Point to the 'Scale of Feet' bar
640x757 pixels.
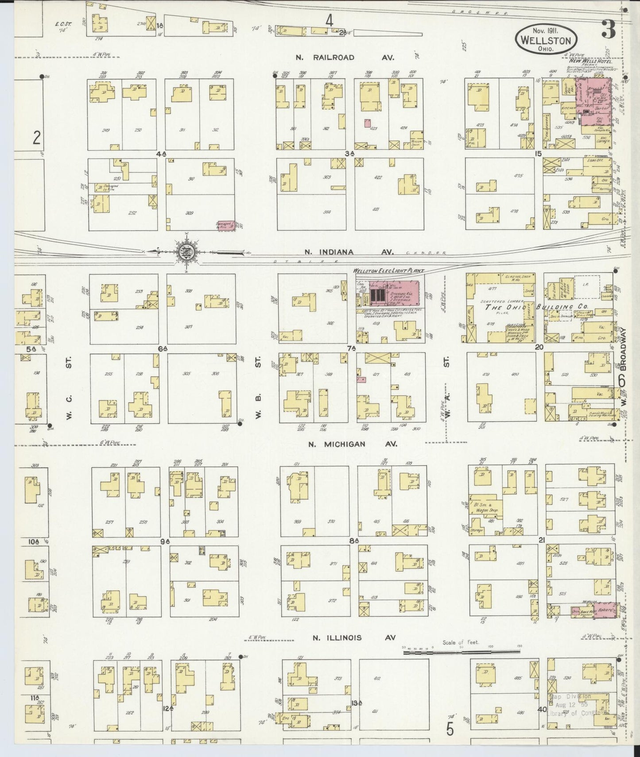coord(461,652)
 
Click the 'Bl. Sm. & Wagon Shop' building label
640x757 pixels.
coord(486,507)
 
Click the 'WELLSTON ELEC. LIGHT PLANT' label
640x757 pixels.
coord(388,270)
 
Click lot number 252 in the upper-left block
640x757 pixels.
coord(132,213)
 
